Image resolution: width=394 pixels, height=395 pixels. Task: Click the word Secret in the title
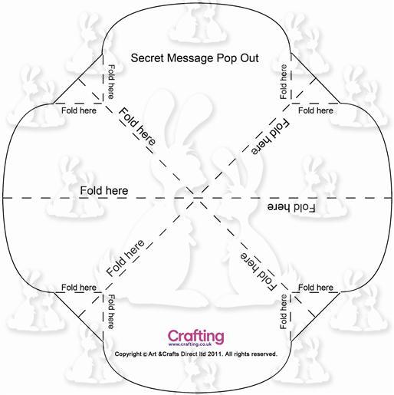tap(147, 58)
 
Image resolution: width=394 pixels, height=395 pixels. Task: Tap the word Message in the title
tap(190, 58)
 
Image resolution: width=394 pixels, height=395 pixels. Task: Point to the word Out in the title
tap(249, 58)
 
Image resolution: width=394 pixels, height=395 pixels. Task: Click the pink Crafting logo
tap(196, 337)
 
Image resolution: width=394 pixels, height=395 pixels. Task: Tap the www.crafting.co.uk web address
tap(190, 344)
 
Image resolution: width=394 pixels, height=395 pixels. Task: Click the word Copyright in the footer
tap(128, 354)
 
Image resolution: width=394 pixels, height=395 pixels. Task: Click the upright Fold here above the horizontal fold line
tap(104, 191)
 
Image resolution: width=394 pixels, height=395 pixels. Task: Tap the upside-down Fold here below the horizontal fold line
tap(291, 207)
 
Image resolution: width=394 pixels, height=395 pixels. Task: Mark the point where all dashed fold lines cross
tap(197, 198)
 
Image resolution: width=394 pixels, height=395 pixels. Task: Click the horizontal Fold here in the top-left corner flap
tap(79, 110)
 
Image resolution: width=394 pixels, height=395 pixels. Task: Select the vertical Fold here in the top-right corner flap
tap(284, 82)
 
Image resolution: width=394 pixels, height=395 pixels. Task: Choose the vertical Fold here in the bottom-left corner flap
tap(111, 311)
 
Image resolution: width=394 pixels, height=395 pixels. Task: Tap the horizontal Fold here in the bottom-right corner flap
tap(316, 288)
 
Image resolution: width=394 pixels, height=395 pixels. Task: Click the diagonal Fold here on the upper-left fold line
tap(137, 127)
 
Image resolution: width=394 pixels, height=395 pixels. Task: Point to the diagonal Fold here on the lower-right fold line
tap(258, 272)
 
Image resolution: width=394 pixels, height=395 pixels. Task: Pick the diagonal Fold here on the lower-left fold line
tap(125, 258)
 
